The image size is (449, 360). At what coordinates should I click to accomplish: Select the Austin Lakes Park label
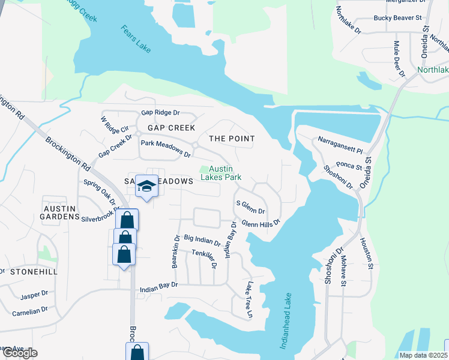click(225, 173)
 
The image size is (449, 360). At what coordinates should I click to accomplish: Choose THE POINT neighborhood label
click(232, 139)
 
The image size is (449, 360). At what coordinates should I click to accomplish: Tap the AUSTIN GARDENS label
click(60, 212)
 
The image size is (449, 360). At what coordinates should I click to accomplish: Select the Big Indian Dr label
click(202, 241)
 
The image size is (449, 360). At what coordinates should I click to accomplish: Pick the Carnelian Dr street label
click(28, 311)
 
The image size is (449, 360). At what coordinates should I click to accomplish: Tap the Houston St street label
click(367, 252)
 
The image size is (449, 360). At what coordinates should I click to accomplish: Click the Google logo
click(20, 353)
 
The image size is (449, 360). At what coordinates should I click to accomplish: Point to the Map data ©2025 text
click(422, 355)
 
